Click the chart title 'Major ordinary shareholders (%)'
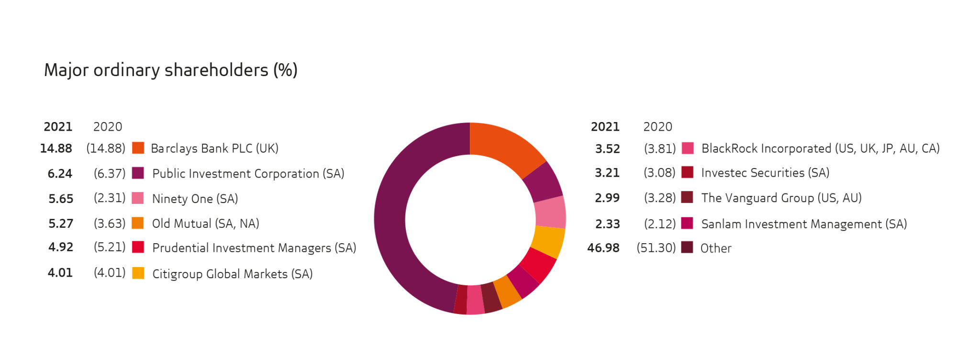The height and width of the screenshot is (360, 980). pyautogui.click(x=171, y=70)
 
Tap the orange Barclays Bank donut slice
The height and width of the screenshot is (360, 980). pyautogui.click(x=507, y=146)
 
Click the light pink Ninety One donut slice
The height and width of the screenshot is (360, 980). pyautogui.click(x=550, y=212)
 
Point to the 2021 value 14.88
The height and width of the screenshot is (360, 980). pyautogui.click(x=56, y=148)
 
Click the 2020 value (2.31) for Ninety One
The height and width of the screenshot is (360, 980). pyautogui.click(x=110, y=198)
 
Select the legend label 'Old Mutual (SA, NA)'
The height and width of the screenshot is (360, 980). pyautogui.click(x=205, y=224)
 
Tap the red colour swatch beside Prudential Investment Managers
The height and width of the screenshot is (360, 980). pyautogui.click(x=138, y=247)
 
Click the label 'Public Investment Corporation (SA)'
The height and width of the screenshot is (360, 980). pyautogui.click(x=248, y=173)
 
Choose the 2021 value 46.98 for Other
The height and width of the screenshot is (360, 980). pyautogui.click(x=603, y=248)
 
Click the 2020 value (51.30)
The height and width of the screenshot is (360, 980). pyautogui.click(x=656, y=248)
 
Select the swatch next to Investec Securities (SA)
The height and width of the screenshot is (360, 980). pyautogui.click(x=687, y=172)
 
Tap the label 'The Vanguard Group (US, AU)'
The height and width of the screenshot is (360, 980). pyautogui.click(x=781, y=198)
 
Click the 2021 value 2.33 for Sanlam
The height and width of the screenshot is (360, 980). pyautogui.click(x=607, y=224)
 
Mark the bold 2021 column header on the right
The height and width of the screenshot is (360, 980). pyautogui.click(x=605, y=127)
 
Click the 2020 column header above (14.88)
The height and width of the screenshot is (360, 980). pyautogui.click(x=108, y=127)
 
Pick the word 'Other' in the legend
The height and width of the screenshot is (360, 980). pyautogui.click(x=716, y=248)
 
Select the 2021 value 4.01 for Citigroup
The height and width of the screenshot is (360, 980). pyautogui.click(x=60, y=273)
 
